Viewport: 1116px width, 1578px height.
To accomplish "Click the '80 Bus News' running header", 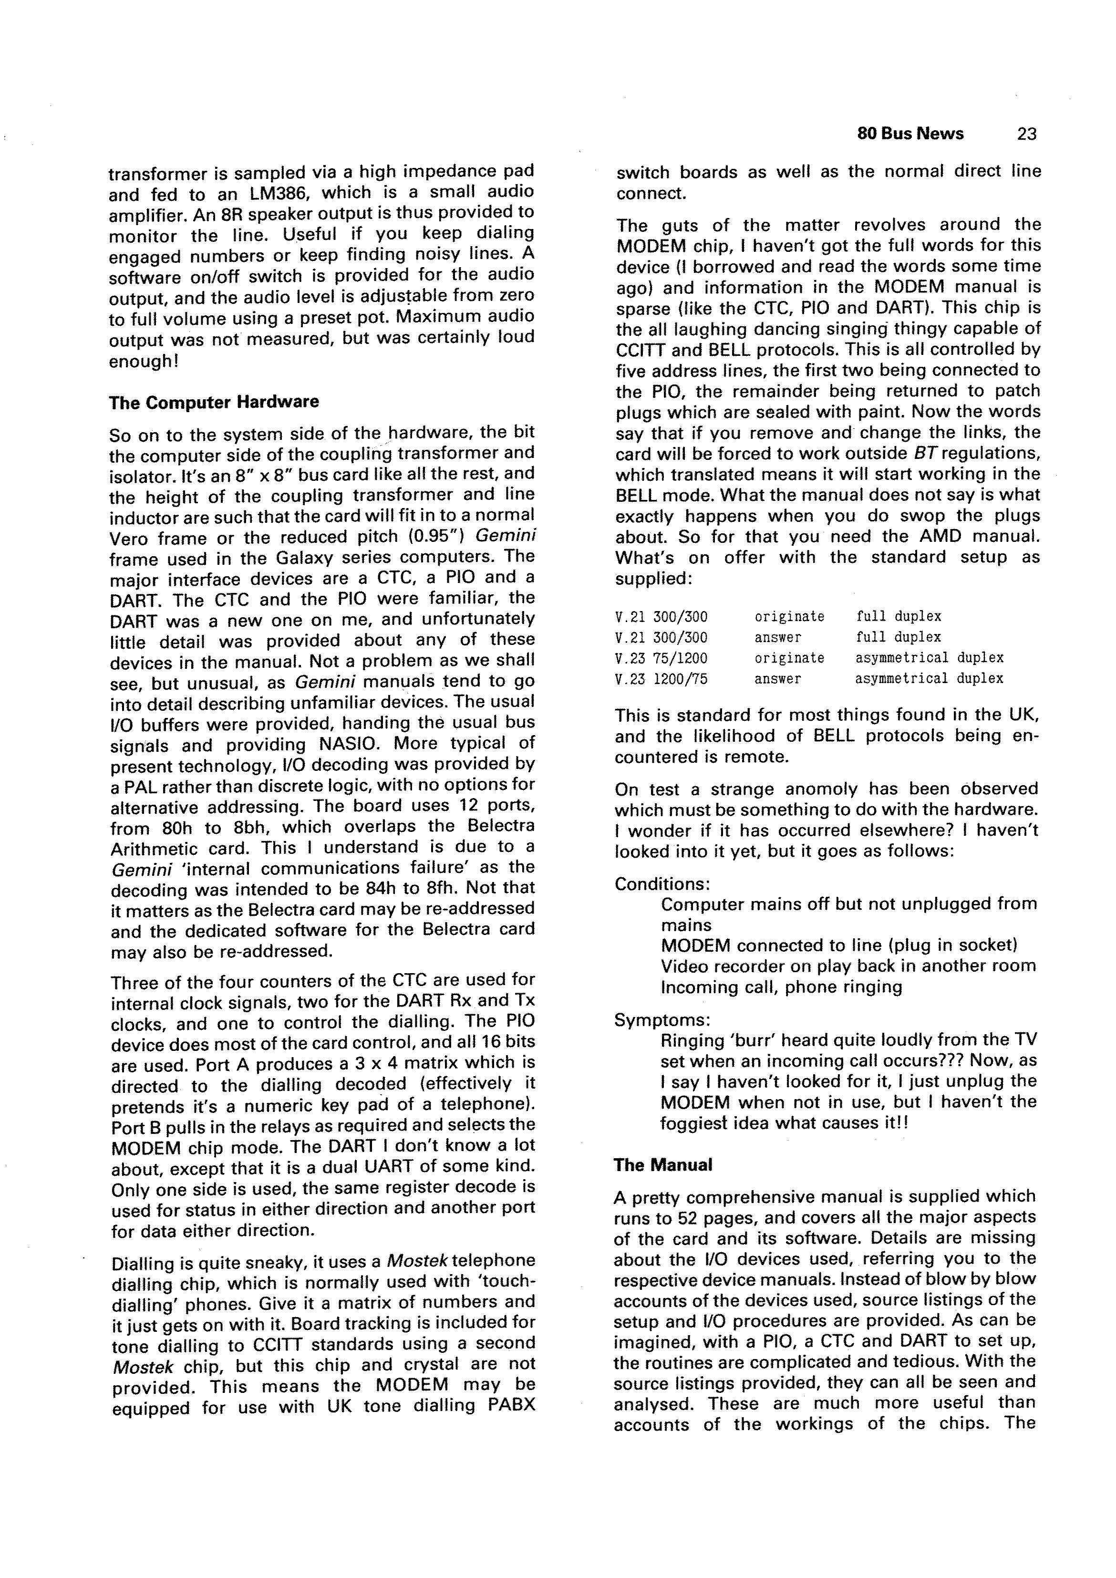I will tap(910, 134).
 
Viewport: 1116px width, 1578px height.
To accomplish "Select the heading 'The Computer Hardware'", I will tap(213, 402).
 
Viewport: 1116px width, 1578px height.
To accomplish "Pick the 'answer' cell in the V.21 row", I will tap(777, 637).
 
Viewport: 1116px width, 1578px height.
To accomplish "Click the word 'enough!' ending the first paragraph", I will tap(144, 361).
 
